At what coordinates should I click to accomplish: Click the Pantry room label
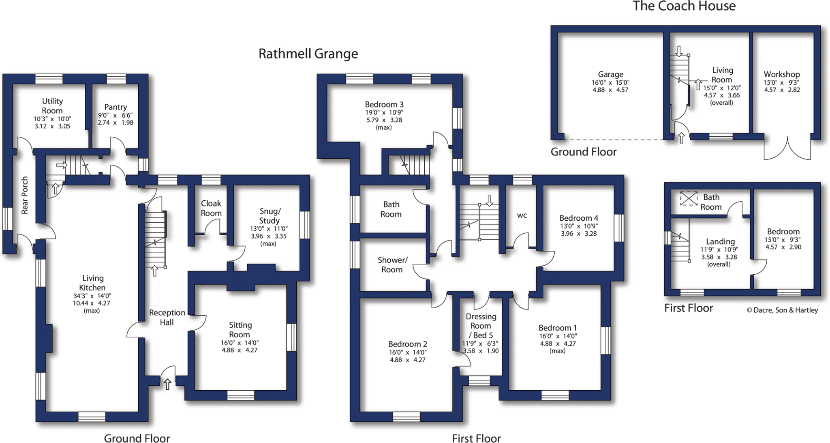[116, 107]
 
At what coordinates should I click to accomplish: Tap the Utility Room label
[52, 105]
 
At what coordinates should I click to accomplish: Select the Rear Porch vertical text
[25, 195]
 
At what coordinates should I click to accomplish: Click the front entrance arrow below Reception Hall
[167, 384]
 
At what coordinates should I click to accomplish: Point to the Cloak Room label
[211, 208]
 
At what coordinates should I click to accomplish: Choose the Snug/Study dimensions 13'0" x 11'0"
[269, 229]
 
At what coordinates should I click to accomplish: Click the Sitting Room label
[240, 329]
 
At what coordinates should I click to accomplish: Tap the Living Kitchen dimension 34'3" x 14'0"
[92, 296]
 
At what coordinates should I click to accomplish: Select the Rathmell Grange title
[308, 54]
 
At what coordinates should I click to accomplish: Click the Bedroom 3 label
[384, 105]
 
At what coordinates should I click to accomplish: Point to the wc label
[522, 215]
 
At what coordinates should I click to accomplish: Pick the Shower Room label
[392, 265]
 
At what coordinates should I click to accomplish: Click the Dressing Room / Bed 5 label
[481, 326]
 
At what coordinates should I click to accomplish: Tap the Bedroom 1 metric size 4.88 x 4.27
[558, 344]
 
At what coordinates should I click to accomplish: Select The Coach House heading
[684, 6]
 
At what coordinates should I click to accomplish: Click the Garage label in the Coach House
[610, 74]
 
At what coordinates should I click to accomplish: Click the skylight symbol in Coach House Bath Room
[689, 198]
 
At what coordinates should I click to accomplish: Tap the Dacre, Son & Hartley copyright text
[782, 310]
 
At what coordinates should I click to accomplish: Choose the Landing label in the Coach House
[720, 242]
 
